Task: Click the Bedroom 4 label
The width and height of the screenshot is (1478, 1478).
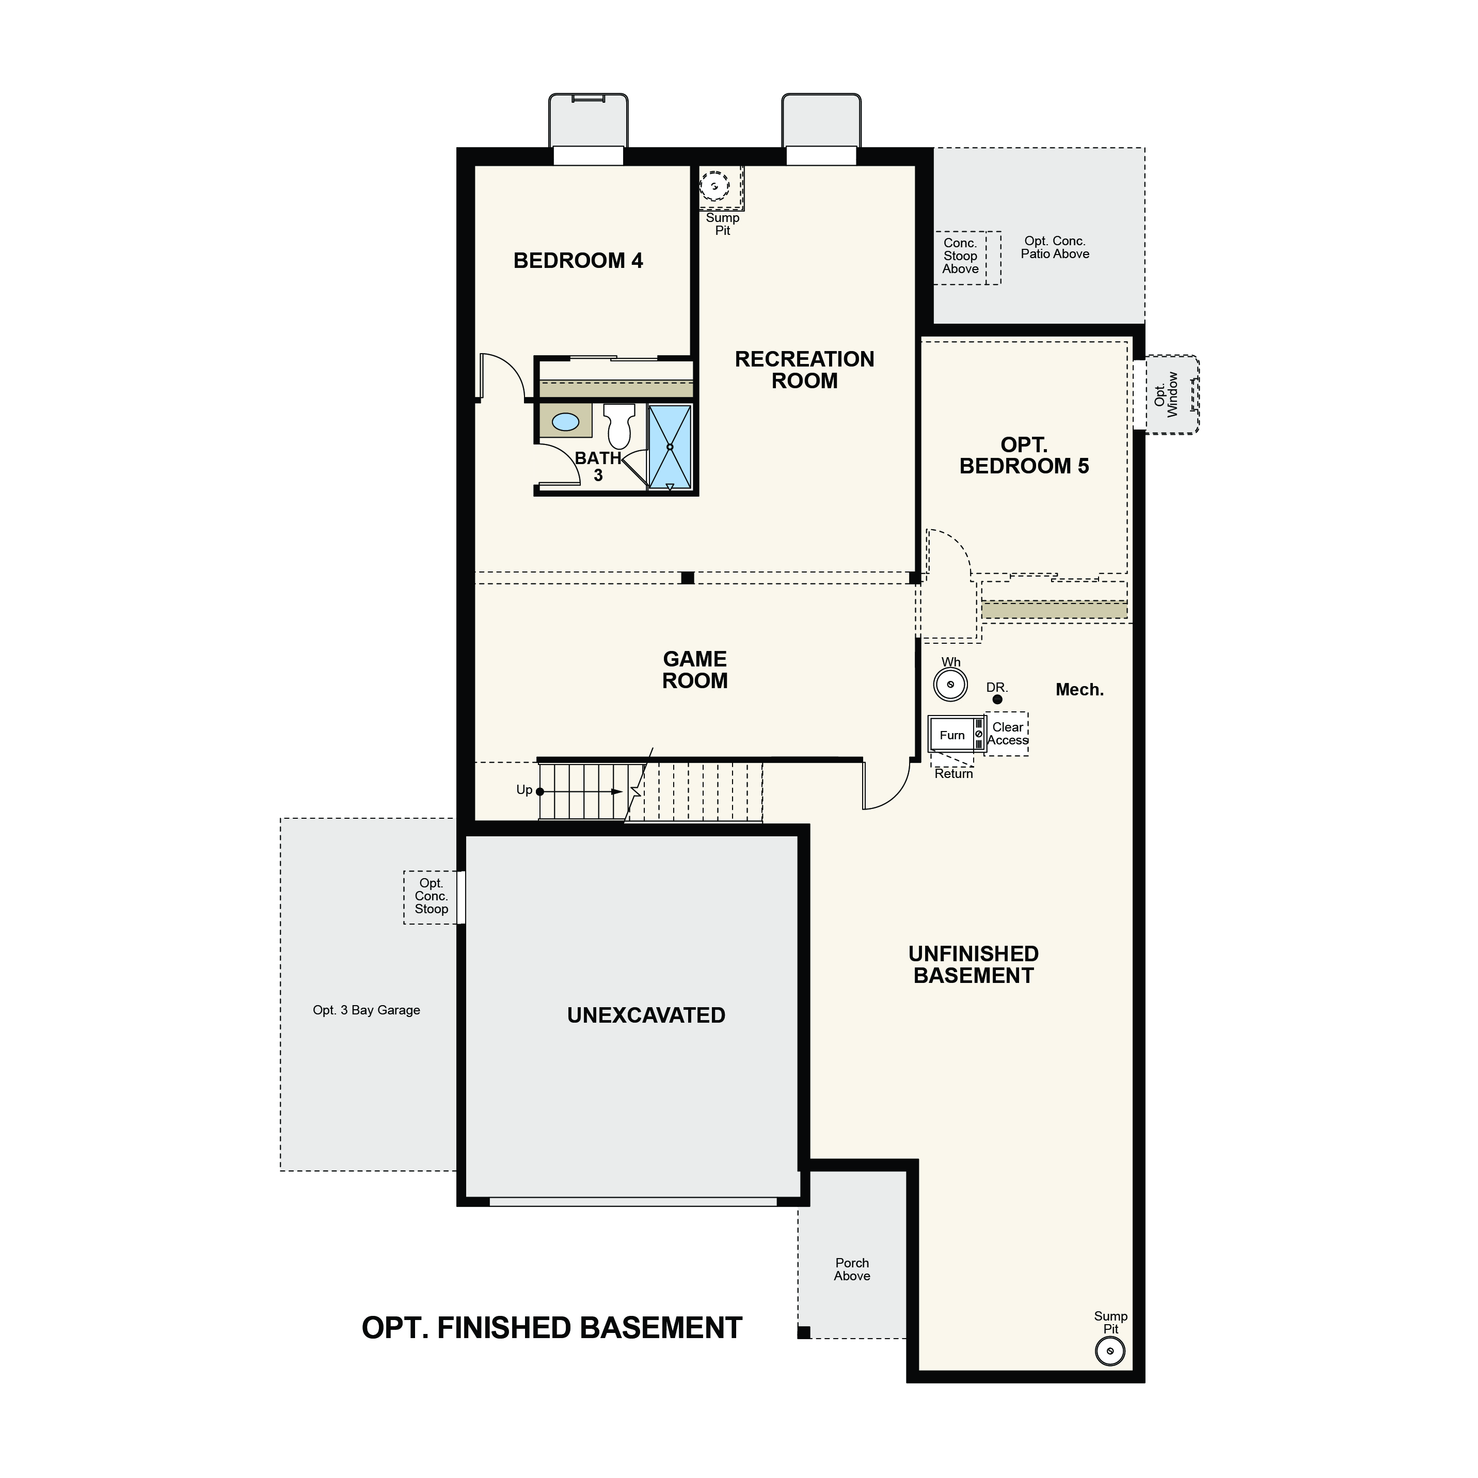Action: point(578,261)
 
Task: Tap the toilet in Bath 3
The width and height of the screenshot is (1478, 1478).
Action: point(619,426)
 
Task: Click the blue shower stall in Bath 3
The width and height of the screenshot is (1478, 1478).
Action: point(670,447)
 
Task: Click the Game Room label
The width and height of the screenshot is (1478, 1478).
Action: point(695,670)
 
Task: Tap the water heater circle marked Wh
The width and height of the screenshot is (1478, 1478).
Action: point(950,685)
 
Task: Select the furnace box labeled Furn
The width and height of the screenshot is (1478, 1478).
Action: point(956,735)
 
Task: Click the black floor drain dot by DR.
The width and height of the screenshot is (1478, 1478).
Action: point(997,699)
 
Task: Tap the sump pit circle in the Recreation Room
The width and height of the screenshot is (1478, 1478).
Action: point(714,186)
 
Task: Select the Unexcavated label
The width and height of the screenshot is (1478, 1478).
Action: point(646,1015)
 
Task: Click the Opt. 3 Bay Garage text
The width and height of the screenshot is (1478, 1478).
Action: point(367,1010)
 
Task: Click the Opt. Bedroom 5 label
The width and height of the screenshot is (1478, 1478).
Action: point(1024,456)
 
